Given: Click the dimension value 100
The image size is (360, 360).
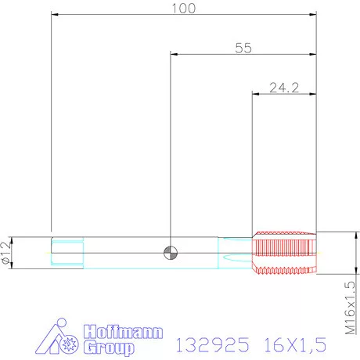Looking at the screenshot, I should coord(184,8).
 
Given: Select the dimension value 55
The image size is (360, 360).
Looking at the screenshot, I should coord(243,48).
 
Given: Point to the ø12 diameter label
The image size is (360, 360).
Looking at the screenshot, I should coord(8,251).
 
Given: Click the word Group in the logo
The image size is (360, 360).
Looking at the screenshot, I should coord(109,348).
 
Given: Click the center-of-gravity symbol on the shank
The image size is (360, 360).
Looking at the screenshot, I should coord(170,252).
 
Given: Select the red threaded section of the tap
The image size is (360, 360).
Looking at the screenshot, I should coord(284,252).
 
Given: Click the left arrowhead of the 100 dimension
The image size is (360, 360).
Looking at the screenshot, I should coord(54,14).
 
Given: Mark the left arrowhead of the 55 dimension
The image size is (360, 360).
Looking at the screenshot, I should coord(174,54).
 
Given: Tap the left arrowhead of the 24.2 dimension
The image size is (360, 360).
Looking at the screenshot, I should coord(255,94).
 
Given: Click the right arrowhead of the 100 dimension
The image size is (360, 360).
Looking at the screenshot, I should coord(315,14).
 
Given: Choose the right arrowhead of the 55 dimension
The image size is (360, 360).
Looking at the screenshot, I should coord(315,54).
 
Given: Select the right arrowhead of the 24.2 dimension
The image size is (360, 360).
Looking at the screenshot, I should coord(315,94).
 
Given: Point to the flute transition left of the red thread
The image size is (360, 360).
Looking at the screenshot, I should coord(236,252).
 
